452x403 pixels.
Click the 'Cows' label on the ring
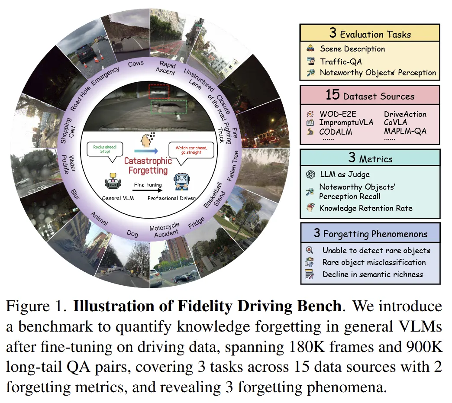point(136,64)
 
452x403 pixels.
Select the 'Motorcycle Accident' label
point(164,230)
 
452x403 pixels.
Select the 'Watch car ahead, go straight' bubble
point(191,151)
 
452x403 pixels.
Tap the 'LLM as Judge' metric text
point(345,174)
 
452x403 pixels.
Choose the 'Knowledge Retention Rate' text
point(366,208)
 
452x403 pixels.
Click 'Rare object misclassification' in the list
point(374,262)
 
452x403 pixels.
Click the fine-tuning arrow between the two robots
point(147,190)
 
